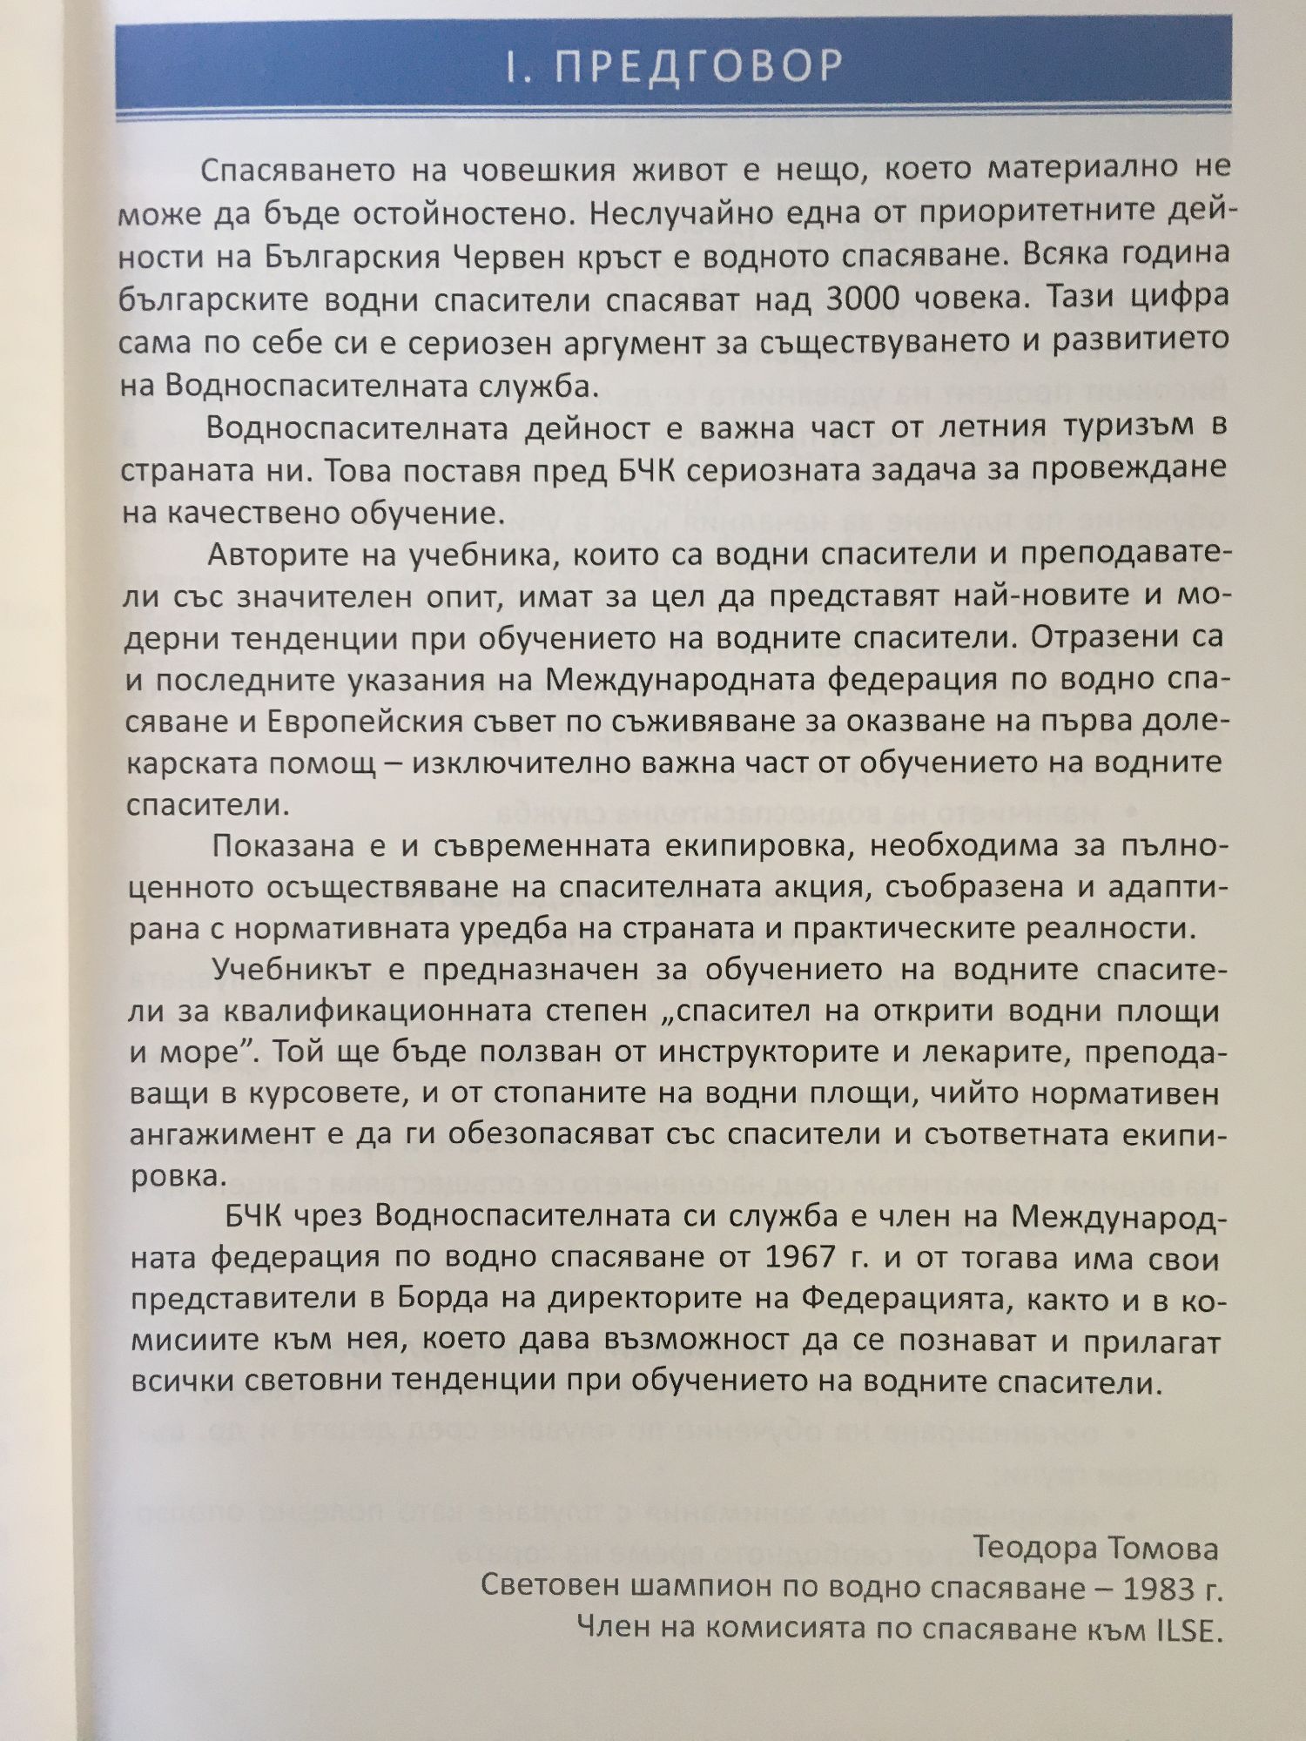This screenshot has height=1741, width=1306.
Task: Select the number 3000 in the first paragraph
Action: coord(863,298)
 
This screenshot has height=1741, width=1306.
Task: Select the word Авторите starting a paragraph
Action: coord(279,555)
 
